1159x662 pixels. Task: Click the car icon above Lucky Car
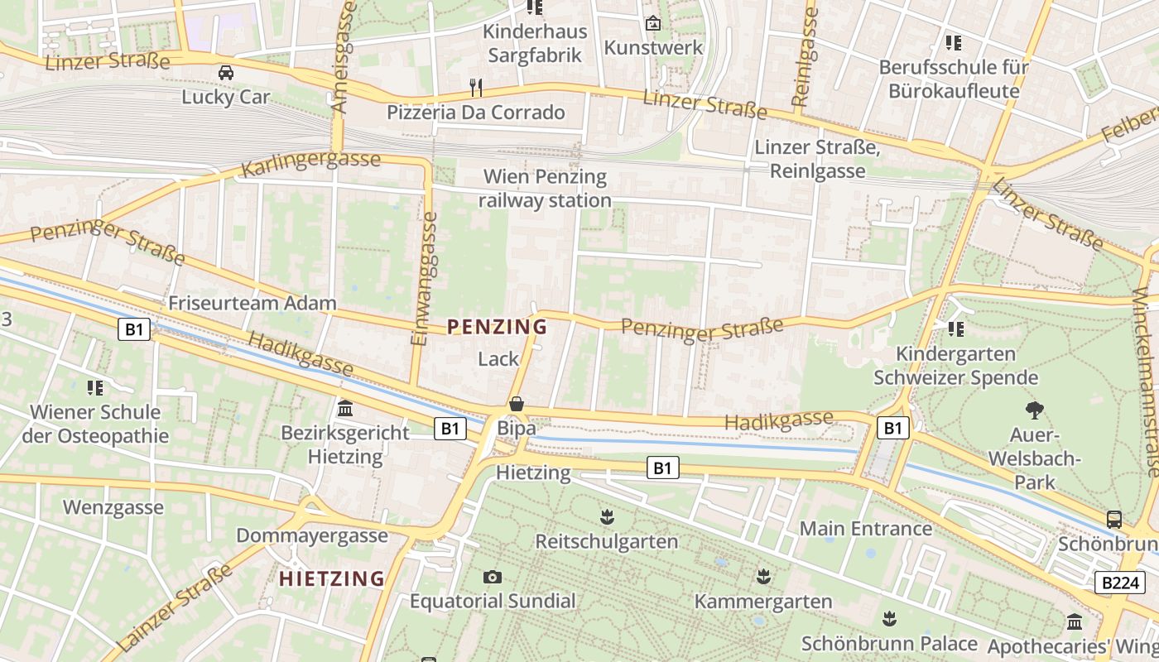pos(225,73)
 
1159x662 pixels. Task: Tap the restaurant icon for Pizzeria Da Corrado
pos(475,87)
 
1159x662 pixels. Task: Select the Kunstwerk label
pos(653,47)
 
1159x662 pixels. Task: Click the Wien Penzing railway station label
pos(545,189)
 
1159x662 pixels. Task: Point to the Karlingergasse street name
pos(310,164)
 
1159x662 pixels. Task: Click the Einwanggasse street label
pos(423,279)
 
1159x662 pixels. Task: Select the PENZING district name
pos(497,327)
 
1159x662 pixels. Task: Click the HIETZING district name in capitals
pos(332,578)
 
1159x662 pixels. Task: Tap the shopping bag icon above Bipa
pos(517,404)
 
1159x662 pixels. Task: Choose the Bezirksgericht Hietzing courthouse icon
pos(345,408)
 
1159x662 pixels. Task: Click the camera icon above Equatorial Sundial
pos(493,577)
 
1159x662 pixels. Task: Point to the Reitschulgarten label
pos(607,541)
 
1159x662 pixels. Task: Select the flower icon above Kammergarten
pos(763,576)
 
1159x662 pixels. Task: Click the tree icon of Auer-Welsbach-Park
pos(1034,410)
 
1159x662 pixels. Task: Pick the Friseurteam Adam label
pos(252,303)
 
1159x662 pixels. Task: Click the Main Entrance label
pos(866,528)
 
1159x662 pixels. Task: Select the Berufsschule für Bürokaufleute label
pos(954,79)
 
